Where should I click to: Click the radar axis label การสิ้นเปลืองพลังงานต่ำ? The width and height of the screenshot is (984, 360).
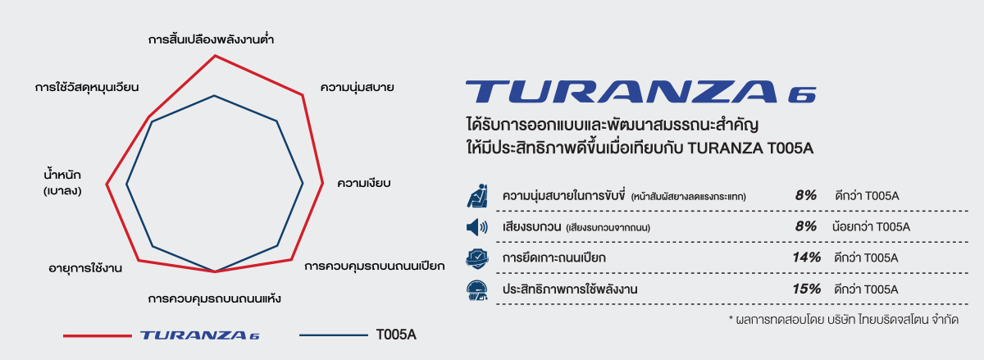[211, 39]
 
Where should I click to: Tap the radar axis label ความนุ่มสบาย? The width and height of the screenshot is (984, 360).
[358, 87]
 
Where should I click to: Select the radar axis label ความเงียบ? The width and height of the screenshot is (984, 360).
[363, 182]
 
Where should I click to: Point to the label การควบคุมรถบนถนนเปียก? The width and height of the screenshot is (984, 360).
[374, 267]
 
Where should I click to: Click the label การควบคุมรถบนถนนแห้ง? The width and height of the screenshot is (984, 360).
[215, 298]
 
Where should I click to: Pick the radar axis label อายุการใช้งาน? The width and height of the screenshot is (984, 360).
[86, 267]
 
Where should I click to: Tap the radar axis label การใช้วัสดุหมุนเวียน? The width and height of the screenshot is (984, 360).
[87, 87]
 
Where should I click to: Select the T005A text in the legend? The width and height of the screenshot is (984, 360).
[397, 335]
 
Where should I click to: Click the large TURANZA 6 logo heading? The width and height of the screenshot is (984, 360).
[640, 92]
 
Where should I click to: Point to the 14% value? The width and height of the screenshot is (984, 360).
[807, 258]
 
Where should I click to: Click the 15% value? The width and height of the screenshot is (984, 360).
[807, 289]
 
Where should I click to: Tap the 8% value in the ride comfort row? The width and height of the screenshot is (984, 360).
[806, 196]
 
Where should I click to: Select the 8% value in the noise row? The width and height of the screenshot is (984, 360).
[806, 227]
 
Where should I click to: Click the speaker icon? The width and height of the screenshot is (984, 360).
[476, 227]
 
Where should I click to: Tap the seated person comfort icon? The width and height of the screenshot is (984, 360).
[476, 196]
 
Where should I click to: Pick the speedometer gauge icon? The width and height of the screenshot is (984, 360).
[476, 289]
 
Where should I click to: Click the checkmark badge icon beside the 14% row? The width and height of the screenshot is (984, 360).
[476, 258]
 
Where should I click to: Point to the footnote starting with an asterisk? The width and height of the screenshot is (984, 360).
[843, 319]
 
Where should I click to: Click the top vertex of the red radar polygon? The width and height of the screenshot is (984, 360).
[215, 56]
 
